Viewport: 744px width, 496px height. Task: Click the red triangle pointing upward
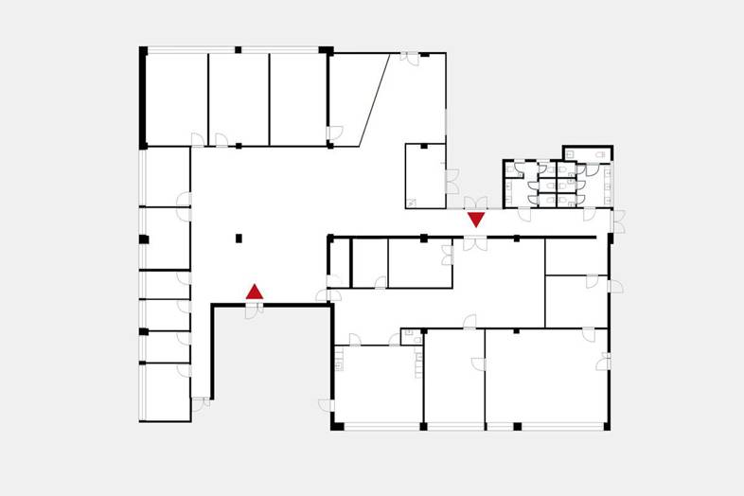point(255,292)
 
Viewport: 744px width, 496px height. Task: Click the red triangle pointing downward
point(476,219)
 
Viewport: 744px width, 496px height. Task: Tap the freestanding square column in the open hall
point(239,238)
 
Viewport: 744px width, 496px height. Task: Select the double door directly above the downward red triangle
point(475,203)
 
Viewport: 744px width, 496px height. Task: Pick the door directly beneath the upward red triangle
point(252,310)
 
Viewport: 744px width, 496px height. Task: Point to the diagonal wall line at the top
point(375,99)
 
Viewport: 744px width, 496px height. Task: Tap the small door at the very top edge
point(409,58)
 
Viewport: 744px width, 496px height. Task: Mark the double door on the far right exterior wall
point(618,221)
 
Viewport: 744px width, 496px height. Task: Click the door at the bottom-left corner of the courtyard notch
point(200,404)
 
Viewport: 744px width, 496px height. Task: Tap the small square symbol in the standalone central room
point(412,202)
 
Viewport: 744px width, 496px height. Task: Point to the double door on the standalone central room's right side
point(452,181)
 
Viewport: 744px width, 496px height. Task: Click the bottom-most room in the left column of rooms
point(166,392)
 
